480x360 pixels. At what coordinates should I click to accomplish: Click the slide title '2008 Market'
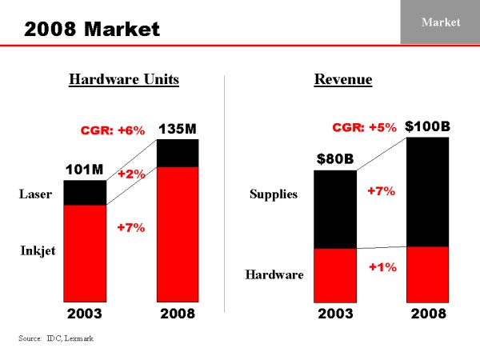pyautogui.click(x=92, y=30)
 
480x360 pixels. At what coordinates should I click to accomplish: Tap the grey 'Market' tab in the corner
pyautogui.click(x=441, y=22)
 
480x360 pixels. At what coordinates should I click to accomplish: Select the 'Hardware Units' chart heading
pyautogui.click(x=123, y=79)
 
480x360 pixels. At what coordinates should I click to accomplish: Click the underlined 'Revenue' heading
pyautogui.click(x=343, y=79)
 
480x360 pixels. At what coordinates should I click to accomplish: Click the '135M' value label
pyautogui.click(x=178, y=128)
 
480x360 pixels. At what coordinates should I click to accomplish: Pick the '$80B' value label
pyautogui.click(x=334, y=158)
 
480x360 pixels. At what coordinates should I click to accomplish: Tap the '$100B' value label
pyautogui.click(x=427, y=126)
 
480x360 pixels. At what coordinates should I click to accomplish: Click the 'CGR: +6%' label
pyautogui.click(x=114, y=130)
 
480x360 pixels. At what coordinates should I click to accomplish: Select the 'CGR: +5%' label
pyautogui.click(x=364, y=127)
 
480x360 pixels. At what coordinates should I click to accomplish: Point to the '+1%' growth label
pyautogui.click(x=382, y=267)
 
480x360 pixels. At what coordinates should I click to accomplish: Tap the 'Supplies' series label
pyautogui.click(x=274, y=194)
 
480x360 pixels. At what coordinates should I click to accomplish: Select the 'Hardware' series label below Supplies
pyautogui.click(x=274, y=275)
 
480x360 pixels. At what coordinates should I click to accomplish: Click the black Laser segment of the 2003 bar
pyautogui.click(x=85, y=192)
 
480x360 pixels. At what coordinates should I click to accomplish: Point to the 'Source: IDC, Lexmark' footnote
pyautogui.click(x=56, y=339)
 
